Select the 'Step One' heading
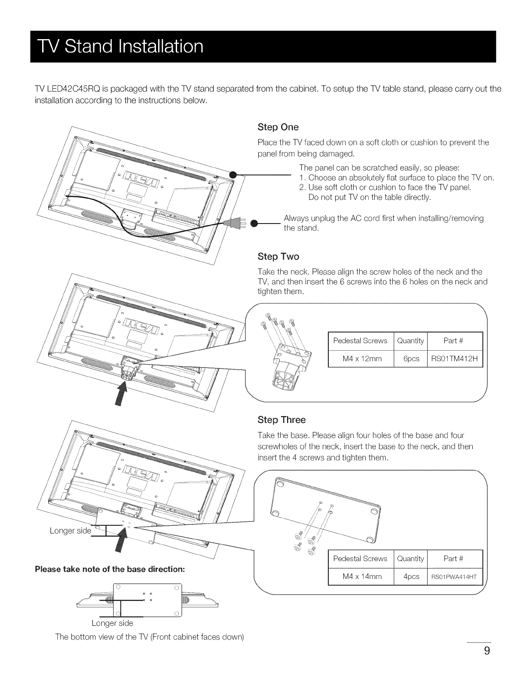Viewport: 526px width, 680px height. pos(278,127)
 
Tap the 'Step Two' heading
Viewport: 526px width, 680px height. pos(278,257)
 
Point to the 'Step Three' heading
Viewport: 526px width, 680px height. pos(281,420)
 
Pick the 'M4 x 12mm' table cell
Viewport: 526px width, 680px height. pos(360,359)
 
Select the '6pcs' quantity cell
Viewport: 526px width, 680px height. pos(410,359)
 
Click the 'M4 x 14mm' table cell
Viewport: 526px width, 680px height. pos(360,576)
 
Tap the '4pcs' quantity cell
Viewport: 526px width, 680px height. pos(410,576)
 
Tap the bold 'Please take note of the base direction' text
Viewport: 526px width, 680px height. pos(110,569)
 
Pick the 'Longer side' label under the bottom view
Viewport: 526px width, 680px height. pos(112,623)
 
